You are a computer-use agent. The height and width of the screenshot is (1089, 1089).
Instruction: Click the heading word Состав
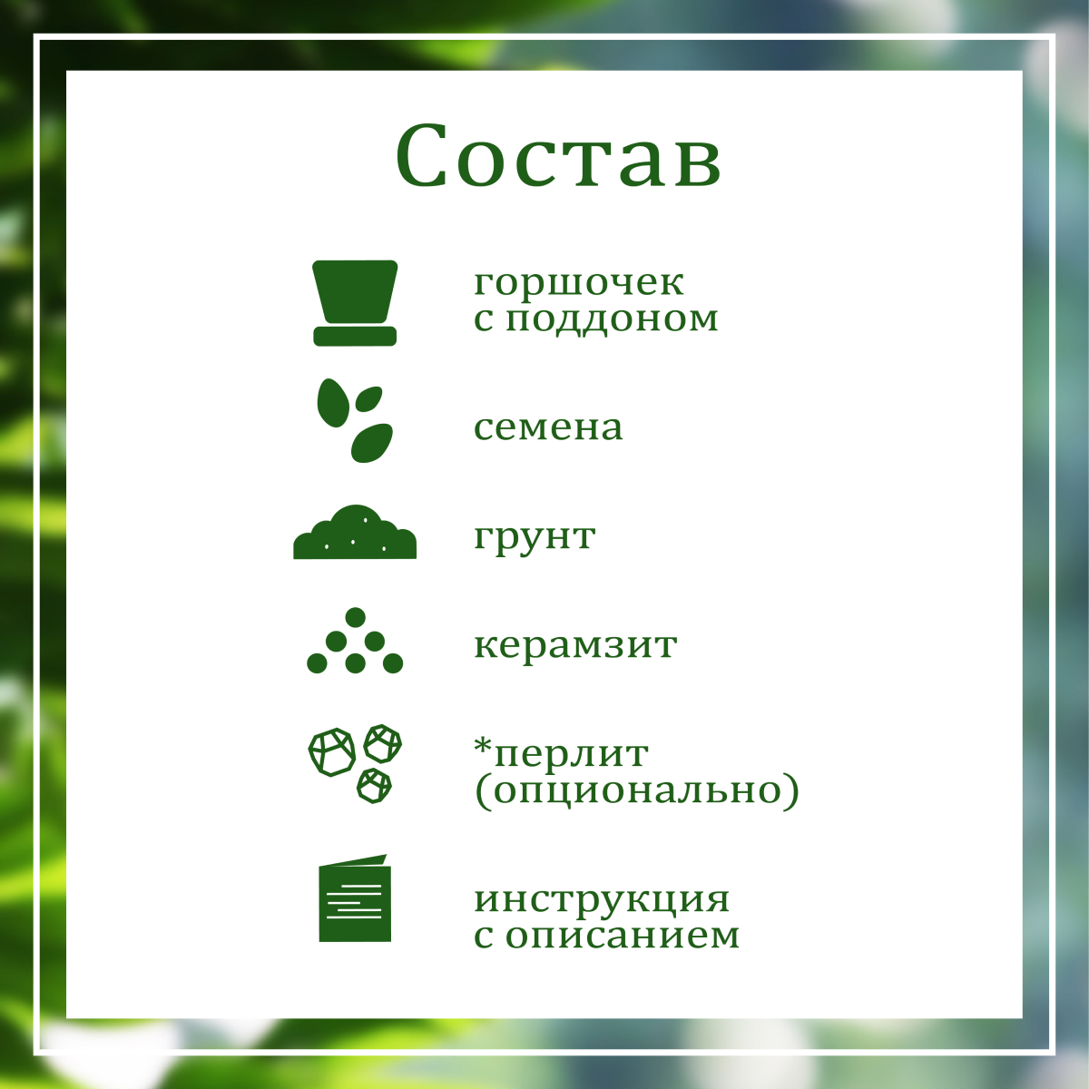558,155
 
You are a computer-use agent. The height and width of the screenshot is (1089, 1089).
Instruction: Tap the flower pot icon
355,302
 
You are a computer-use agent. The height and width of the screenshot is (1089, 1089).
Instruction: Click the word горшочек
579,282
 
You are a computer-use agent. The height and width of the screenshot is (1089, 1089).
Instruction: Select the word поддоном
612,319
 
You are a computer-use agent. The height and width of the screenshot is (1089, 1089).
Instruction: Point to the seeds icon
355,420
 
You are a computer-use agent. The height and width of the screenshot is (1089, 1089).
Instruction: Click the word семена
548,427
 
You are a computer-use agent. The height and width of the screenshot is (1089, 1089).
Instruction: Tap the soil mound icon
355,532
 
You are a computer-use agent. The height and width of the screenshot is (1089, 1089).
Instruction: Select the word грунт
535,537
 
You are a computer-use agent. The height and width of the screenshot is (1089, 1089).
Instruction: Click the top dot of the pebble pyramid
355,617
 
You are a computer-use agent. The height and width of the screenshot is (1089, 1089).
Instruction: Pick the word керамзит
575,645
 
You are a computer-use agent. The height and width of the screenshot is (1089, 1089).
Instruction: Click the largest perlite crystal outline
332,752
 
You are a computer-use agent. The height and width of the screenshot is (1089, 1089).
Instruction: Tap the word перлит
572,754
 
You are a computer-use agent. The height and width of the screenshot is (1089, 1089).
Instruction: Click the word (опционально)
637,790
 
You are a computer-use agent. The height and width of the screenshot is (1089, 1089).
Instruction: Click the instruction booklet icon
355,898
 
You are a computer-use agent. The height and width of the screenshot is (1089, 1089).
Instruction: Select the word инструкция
602,899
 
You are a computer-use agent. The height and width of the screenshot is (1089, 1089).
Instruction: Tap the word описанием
623,936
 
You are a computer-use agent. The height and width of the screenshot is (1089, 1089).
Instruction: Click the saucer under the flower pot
355,337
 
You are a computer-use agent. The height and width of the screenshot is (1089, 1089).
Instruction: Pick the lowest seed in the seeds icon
371,444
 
